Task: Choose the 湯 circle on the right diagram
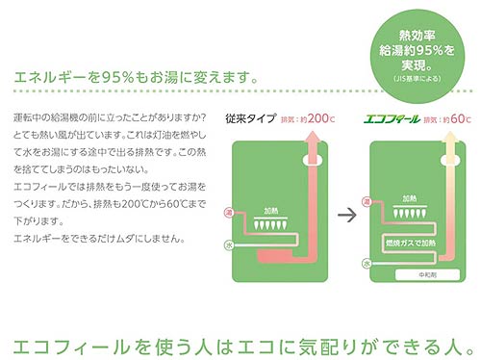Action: (367, 202)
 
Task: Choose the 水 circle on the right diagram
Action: (367, 262)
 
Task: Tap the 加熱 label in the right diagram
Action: (414, 193)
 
